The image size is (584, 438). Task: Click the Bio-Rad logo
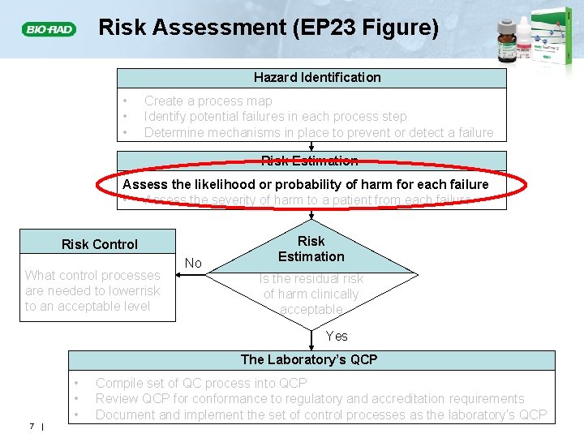pos(49,30)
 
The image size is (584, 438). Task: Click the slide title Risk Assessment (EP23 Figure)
pos(268,28)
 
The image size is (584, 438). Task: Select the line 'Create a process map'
pos(208,101)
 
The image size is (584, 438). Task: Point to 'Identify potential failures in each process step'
pos(276,117)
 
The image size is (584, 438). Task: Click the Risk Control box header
pos(100,244)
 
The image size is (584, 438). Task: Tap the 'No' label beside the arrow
pos(193,263)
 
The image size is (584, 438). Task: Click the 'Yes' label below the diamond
pos(337,336)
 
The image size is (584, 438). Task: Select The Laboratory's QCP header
pos(309,359)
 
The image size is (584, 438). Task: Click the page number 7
pos(29,427)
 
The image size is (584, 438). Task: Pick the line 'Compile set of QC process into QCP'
pos(201,383)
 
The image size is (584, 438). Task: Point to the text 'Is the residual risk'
pos(311,279)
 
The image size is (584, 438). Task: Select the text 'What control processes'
pos(92,276)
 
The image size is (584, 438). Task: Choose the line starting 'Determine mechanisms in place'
pos(319,133)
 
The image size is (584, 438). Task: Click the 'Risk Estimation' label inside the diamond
pos(311,249)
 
